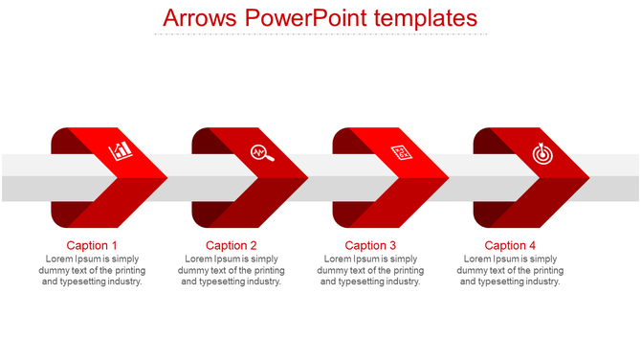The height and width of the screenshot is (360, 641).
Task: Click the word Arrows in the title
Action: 200,18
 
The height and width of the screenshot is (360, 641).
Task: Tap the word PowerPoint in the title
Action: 298,18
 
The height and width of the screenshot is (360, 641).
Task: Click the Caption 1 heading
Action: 93,245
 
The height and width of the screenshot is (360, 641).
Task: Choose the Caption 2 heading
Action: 232,245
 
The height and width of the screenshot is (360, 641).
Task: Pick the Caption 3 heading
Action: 370,245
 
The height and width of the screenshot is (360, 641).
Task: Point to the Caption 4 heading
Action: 510,245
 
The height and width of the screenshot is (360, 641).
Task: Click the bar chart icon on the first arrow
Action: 121,151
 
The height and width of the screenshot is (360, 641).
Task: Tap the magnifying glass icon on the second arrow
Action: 261,151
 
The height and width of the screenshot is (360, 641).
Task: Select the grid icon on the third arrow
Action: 402,152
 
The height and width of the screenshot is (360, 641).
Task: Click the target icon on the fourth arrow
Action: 542,151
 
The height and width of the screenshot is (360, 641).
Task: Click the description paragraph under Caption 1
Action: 93,270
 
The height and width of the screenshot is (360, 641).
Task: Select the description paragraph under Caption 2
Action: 232,270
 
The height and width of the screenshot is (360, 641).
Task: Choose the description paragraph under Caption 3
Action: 370,270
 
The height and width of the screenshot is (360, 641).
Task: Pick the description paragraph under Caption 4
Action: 510,270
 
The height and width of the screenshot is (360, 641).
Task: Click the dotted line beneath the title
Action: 320,34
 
